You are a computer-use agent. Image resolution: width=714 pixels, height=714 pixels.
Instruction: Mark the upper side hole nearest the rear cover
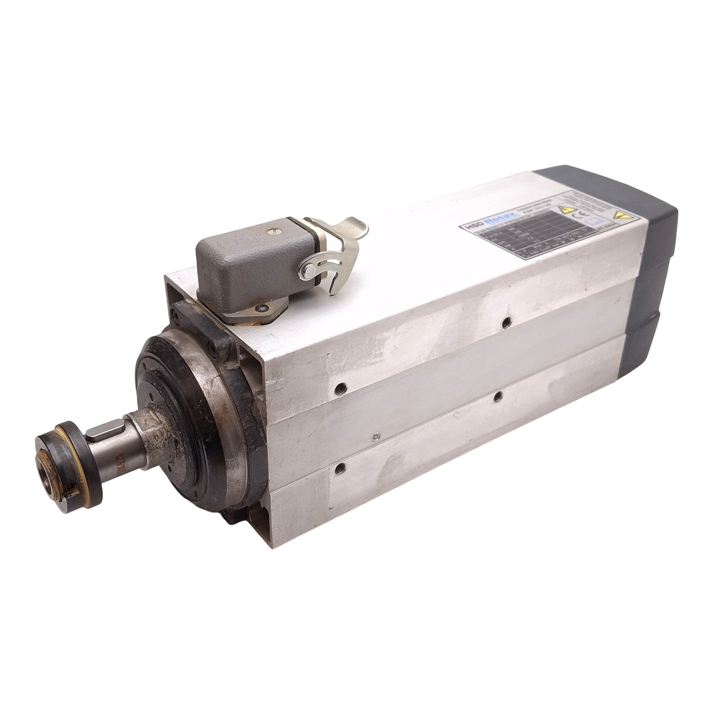(505, 322)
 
